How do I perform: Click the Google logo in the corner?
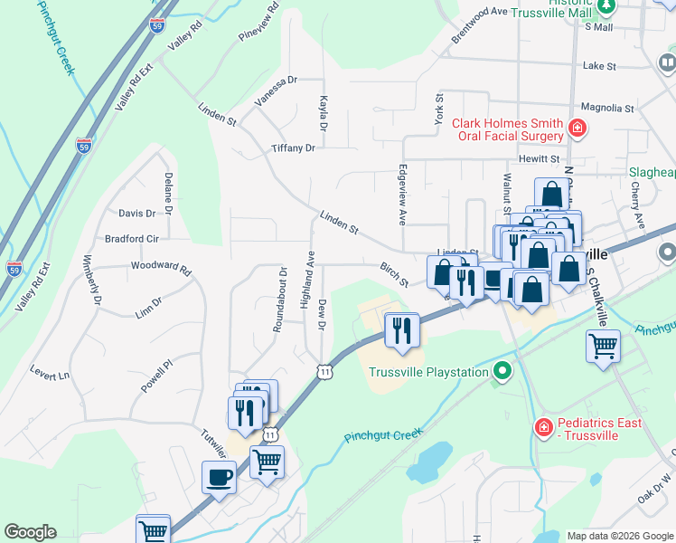(30, 532)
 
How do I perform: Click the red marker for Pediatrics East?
(543, 426)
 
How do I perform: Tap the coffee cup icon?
(219, 476)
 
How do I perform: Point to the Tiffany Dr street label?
(293, 148)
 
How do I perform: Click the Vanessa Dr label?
(276, 91)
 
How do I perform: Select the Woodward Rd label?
(161, 268)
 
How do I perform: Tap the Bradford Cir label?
(132, 239)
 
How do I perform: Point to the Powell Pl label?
(156, 377)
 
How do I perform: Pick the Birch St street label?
(394, 274)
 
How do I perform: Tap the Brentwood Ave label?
(480, 24)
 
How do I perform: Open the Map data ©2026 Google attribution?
(620, 536)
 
